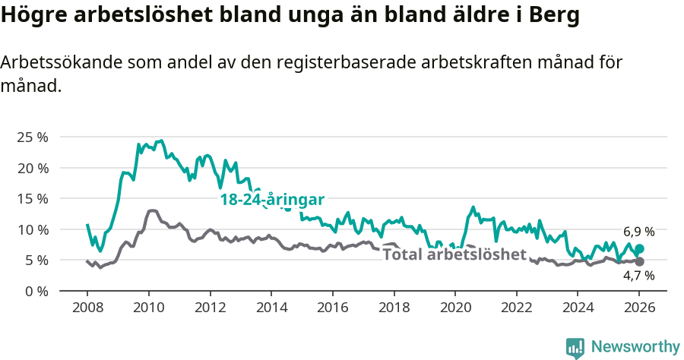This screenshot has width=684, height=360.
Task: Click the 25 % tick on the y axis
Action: [32, 137]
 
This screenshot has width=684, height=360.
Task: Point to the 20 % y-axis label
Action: [32, 168]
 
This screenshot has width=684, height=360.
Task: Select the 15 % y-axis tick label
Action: [32, 199]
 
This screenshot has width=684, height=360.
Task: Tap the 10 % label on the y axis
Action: [32, 229]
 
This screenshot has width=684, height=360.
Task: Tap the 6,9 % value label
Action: [638, 232]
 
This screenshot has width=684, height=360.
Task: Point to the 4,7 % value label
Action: [638, 276]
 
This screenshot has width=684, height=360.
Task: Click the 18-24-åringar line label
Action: [272, 200]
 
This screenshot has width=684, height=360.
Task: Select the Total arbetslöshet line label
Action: [454, 254]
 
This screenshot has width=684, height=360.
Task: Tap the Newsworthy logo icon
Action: [575, 347]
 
